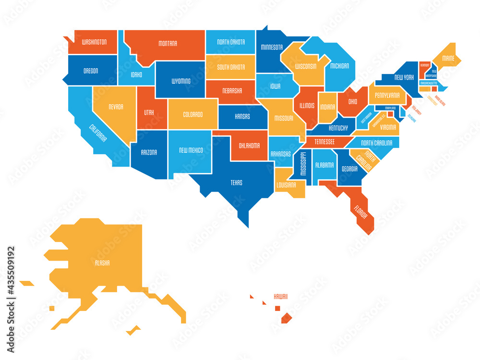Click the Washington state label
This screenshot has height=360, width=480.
point(94,42)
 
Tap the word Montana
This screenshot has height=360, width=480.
point(168,44)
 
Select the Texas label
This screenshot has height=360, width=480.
point(236,183)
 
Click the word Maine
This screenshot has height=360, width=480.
point(448,59)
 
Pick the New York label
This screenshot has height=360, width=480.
point(404,77)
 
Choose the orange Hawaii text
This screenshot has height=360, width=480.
point(281,297)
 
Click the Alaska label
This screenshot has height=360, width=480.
point(102,263)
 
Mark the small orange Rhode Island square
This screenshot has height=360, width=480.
point(434,89)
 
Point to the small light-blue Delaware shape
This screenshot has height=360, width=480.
point(402,111)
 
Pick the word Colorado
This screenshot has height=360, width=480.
point(192,115)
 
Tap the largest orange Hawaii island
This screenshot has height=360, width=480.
point(287,317)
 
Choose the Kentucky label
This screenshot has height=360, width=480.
point(338,129)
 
